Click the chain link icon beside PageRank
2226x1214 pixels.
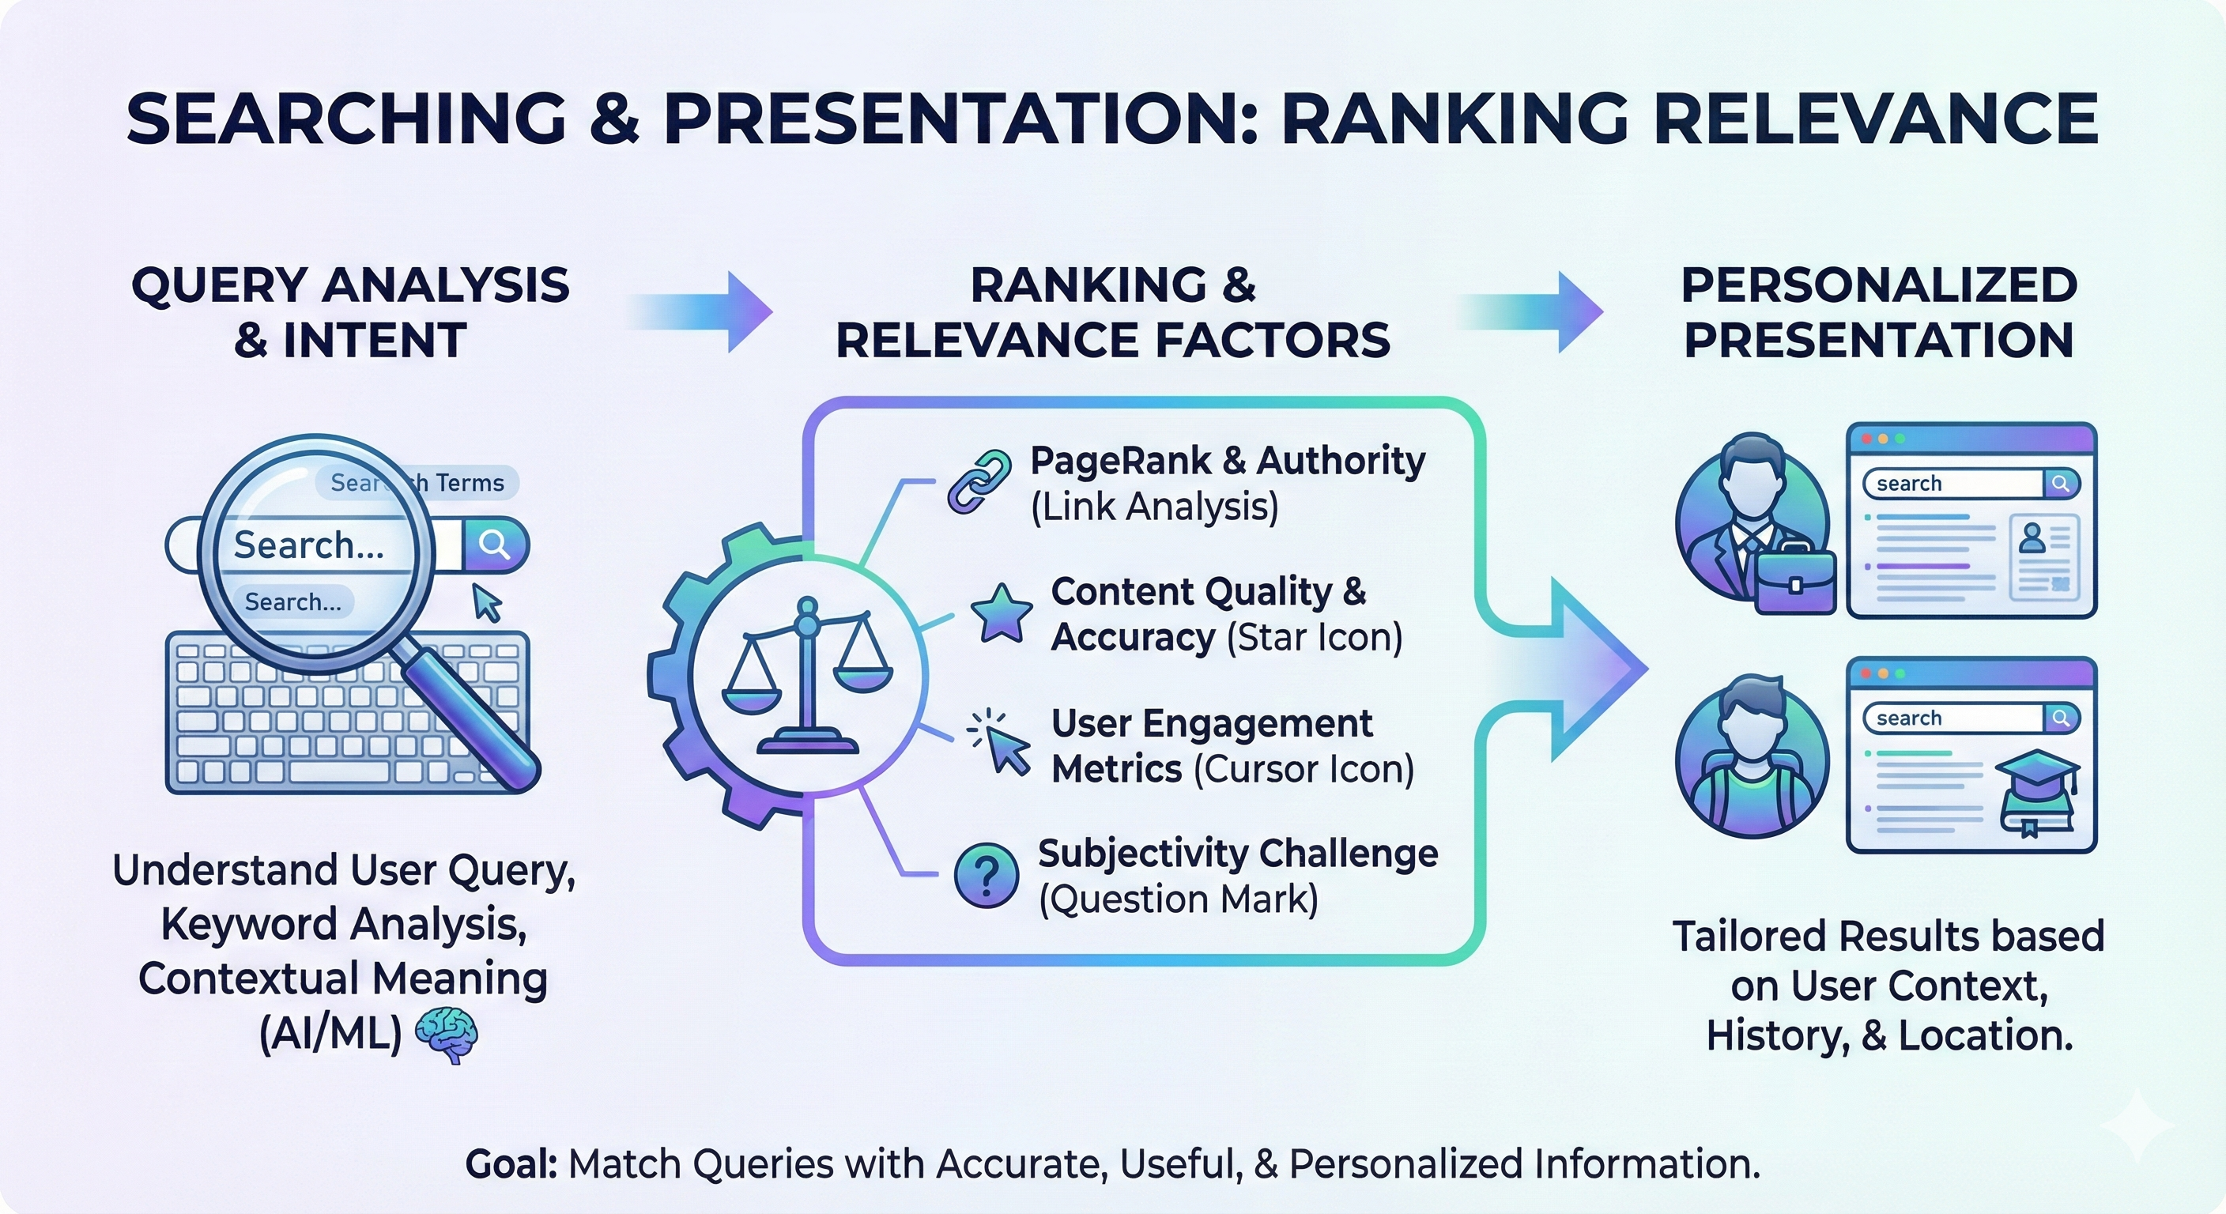(979, 482)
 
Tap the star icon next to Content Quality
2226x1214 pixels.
(1002, 613)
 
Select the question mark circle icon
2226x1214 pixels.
(986, 875)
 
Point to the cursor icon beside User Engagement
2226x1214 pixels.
(1002, 745)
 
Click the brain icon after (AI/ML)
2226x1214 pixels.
(446, 1035)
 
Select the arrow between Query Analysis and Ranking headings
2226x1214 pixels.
(700, 312)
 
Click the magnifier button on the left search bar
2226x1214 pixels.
(494, 545)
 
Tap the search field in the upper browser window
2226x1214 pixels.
(1953, 484)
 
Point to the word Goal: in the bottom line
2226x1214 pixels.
(511, 1164)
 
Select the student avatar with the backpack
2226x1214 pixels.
(1752, 756)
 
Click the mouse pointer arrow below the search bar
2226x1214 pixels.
(486, 602)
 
